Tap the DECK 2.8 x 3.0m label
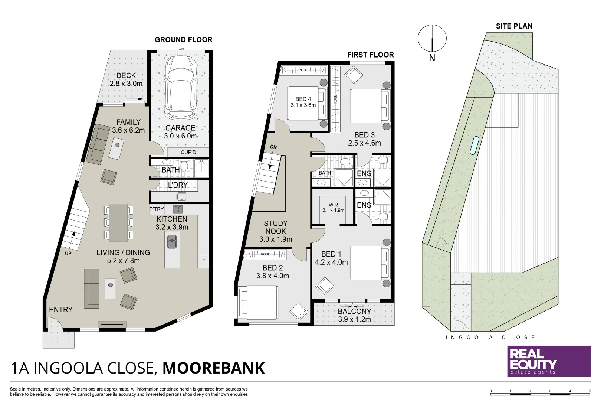pos(126,79)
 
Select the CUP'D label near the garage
pos(188,152)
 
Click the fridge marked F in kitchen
pos(203,261)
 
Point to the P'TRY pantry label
pos(157,209)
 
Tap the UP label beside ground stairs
pos(68,254)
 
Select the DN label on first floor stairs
pos(273,147)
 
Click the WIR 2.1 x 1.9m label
pos(333,208)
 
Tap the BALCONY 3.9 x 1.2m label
pos(354,315)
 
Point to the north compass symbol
pos(432,39)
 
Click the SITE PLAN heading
pos(514,26)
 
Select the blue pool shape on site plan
pos(474,145)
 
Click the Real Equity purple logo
pos(549,361)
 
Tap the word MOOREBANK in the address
pos(214,368)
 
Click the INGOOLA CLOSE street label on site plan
pos(490,338)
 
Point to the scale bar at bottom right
pos(540,392)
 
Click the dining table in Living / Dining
pos(118,222)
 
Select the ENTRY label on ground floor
pos(60,309)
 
